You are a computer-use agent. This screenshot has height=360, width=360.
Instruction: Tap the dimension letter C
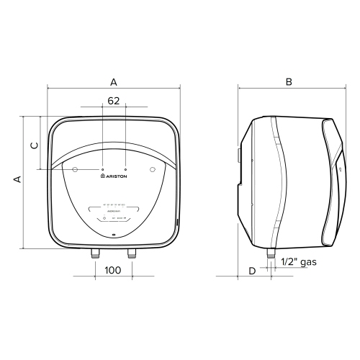pos(34,144)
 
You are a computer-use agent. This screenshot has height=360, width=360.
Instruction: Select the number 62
pos(113,102)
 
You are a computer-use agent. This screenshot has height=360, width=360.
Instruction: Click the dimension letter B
pos(288,82)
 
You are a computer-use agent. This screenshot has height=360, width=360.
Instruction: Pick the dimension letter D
pos(251,271)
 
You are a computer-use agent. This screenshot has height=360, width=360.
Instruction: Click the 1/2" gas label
pos(298,264)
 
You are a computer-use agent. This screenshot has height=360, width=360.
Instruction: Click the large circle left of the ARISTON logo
pos(76,169)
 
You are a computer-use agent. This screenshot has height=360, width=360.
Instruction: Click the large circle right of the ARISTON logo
pos(152,169)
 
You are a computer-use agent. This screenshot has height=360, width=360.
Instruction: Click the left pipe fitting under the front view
pos(96,253)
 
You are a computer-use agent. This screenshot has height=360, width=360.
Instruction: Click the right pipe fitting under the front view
pos(131,253)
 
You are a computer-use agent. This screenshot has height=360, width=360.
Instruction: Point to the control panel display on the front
pos(114,211)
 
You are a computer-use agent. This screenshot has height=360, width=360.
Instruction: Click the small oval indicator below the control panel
pos(114,235)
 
